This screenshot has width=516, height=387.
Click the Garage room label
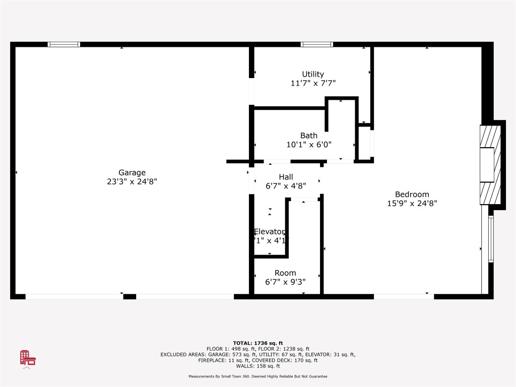[x=132, y=172]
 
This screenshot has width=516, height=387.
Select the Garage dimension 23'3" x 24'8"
[x=132, y=182]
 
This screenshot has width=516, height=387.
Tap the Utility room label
[x=313, y=74]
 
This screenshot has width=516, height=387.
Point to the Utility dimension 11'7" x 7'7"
[x=313, y=83]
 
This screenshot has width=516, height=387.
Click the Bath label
[x=309, y=136]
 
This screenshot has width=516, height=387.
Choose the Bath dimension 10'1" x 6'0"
[x=309, y=145]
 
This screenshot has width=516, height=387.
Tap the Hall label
[x=286, y=177]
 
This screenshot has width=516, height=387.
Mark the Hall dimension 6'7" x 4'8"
[x=286, y=186]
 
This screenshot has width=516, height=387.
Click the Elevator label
[x=269, y=231]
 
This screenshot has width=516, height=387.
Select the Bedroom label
[x=412, y=195]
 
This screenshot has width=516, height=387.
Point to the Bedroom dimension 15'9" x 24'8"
[x=412, y=204]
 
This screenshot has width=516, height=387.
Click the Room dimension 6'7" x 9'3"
[x=285, y=282]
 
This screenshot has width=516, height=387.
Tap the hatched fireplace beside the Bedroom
[x=490, y=164]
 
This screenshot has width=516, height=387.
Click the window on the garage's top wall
[x=64, y=44]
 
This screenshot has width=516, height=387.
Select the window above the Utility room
[x=317, y=44]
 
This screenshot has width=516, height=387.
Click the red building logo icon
[x=28, y=357]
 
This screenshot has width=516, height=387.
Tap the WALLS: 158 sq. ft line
[x=257, y=366]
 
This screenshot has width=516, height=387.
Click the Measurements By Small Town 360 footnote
[x=257, y=376]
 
